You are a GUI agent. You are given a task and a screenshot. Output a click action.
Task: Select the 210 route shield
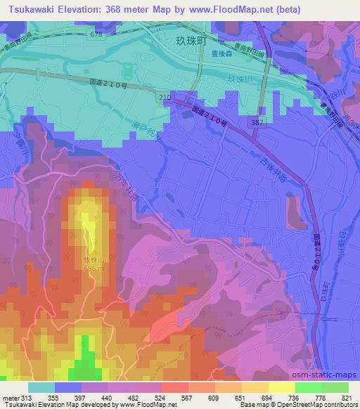coord(165,96)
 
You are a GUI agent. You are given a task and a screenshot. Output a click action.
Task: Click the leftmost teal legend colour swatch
coord(41,387)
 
